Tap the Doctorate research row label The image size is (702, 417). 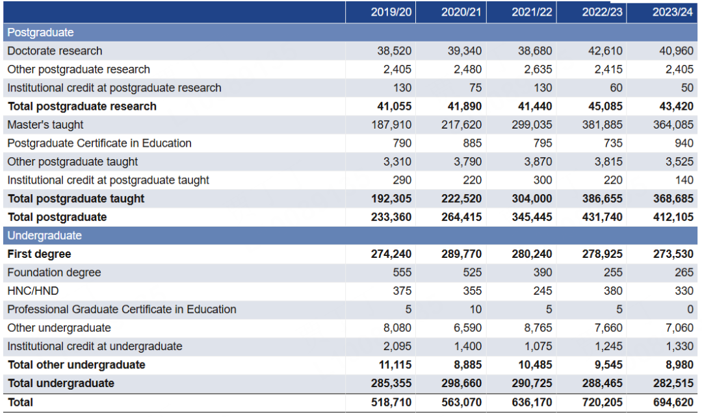pos(55,51)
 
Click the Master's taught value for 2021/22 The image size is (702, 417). pos(532,125)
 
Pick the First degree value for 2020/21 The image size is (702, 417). pos(461,254)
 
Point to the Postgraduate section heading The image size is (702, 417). pos(40,32)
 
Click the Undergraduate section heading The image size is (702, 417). pos(44,236)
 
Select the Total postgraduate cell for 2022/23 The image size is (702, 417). pos(602,217)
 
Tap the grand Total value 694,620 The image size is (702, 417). pos(673,402)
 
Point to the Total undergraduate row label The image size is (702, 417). pos(60,383)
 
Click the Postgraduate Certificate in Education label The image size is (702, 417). pos(99,143)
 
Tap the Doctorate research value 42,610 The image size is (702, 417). pos(605,51)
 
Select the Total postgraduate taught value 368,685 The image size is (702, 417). pos(673,199)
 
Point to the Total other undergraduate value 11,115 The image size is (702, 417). pos(394,365)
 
